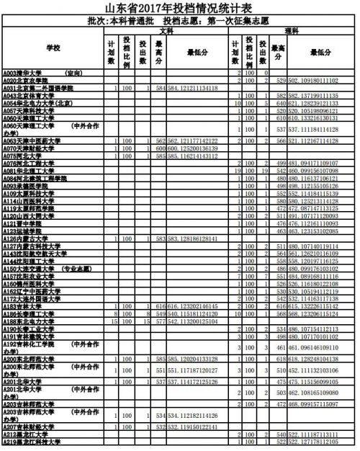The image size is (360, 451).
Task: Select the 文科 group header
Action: [x=166, y=30]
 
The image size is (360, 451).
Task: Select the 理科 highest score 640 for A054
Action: [x=282, y=102]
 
